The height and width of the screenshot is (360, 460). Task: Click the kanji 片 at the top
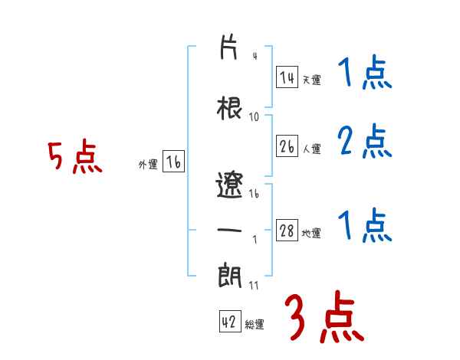pyautogui.click(x=228, y=47)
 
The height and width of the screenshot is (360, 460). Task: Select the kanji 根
pyautogui.click(x=229, y=108)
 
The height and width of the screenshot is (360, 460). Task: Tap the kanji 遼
pyautogui.click(x=229, y=185)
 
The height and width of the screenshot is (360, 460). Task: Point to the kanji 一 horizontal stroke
pyautogui.click(x=229, y=230)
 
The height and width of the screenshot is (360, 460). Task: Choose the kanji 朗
pyautogui.click(x=230, y=275)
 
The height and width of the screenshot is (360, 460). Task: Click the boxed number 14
pyautogui.click(x=287, y=77)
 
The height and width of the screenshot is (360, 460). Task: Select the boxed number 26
pyautogui.click(x=287, y=146)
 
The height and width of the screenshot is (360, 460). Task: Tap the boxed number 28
pyautogui.click(x=287, y=230)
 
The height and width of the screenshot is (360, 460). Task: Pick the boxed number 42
pyautogui.click(x=230, y=321)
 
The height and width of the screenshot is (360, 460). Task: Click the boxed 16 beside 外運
pyautogui.click(x=173, y=162)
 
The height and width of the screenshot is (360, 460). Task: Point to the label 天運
pyautogui.click(x=311, y=80)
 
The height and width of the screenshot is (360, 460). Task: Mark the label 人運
pyautogui.click(x=311, y=149)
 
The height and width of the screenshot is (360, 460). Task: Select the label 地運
pyautogui.click(x=311, y=233)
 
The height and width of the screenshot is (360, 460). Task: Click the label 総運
pyautogui.click(x=255, y=324)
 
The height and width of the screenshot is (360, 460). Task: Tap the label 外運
pyautogui.click(x=148, y=165)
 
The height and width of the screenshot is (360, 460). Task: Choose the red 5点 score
pyautogui.click(x=75, y=156)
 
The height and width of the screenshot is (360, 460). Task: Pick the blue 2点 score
pyautogui.click(x=365, y=141)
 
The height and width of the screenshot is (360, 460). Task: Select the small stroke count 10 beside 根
pyautogui.click(x=254, y=117)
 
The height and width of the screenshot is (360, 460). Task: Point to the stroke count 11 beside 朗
pyautogui.click(x=254, y=285)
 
